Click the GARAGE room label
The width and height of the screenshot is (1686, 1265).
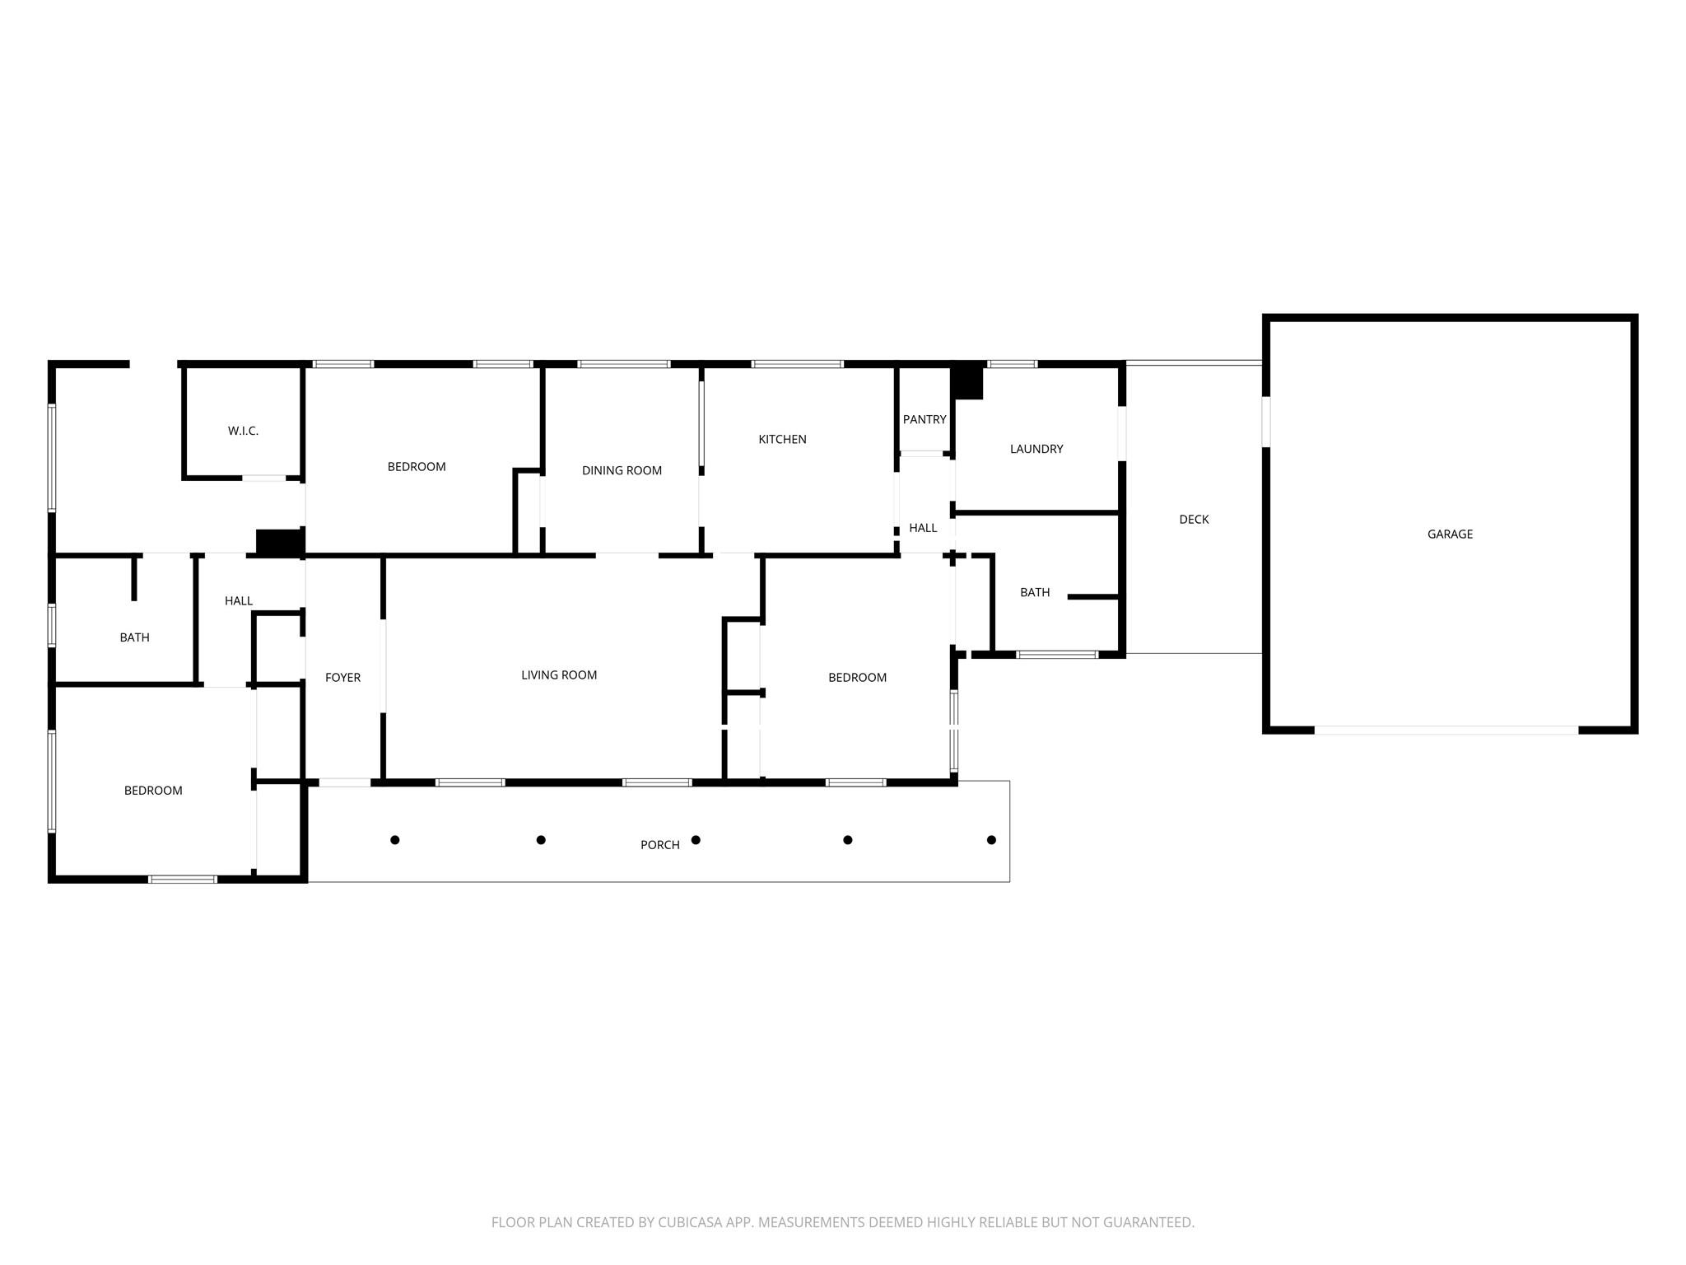pos(1450,534)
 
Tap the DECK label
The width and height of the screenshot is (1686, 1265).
pos(1194,520)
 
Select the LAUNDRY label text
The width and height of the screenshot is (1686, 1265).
pos(1036,449)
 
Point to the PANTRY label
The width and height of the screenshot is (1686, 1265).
pos(925,419)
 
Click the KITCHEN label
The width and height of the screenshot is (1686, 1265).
pos(782,439)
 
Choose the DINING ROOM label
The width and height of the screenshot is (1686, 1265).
pos(622,470)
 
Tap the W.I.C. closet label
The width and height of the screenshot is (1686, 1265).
pos(243,431)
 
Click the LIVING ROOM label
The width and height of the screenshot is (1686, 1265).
pos(559,675)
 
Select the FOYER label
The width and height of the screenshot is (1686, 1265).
pos(342,678)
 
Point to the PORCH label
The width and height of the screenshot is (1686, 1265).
pos(660,845)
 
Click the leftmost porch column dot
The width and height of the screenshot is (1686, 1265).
pos(395,840)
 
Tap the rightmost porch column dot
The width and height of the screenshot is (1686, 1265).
pos(991,840)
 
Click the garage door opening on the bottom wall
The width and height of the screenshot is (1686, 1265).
pos(1446,731)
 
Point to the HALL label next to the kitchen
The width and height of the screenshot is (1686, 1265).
pos(923,528)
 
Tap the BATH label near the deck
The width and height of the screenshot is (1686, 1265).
pos(1035,592)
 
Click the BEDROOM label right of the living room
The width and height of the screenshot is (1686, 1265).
pos(857,678)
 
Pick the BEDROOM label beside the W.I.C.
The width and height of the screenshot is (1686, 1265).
pos(417,467)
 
